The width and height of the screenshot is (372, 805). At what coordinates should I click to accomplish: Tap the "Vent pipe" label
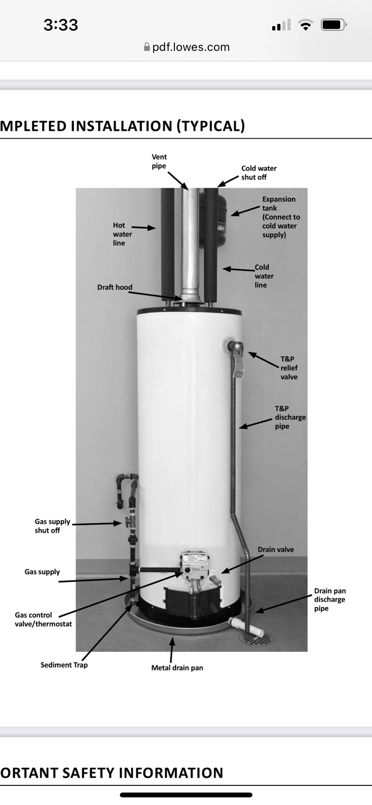pos(159,161)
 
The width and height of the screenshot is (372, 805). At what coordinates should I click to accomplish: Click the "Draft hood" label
pos(115,287)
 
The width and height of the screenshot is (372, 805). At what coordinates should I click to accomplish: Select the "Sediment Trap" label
pos(64,665)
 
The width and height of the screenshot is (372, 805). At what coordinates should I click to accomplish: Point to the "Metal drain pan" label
pos(177,667)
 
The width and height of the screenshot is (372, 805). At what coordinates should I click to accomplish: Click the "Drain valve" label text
pos(276,549)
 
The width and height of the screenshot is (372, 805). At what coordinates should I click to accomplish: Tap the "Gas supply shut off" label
pos(52,526)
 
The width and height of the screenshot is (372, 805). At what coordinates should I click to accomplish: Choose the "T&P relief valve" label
pos(289,368)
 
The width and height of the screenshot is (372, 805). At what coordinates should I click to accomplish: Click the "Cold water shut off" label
pos(259,173)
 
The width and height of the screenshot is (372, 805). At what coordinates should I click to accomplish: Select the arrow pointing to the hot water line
pos(144,227)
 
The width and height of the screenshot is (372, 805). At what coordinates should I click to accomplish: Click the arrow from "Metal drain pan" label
pos(172,650)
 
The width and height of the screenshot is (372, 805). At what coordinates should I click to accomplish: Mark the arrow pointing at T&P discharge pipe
pos(255,423)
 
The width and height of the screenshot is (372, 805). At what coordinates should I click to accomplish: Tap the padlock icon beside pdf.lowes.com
pos(147,47)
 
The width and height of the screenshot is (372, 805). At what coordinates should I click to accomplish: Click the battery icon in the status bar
pos(333,25)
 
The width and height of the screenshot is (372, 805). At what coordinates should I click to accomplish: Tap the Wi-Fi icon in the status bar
pos(306,25)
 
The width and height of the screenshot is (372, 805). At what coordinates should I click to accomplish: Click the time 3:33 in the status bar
pos(61,25)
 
